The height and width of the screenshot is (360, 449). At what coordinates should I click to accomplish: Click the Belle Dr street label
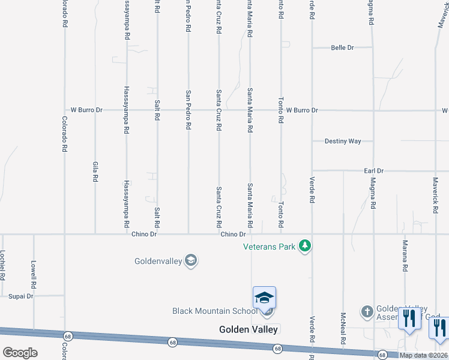point(343,47)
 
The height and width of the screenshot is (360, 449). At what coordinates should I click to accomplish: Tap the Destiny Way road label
point(343,142)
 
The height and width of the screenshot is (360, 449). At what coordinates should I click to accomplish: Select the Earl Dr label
point(373,171)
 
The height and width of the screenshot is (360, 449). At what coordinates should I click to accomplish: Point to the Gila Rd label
point(95,172)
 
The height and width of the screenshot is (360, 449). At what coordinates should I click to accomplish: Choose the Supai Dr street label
point(21,296)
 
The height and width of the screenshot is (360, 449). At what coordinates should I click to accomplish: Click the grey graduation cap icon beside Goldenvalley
point(191,260)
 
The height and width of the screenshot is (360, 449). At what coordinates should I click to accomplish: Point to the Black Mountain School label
point(215,311)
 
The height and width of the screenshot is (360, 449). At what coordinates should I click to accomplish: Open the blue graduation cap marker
point(264,298)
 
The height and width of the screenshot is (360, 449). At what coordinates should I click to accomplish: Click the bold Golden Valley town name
point(248,329)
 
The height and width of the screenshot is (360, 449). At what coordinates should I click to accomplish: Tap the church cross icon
point(367,311)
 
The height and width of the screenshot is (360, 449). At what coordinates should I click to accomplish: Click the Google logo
point(20,353)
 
